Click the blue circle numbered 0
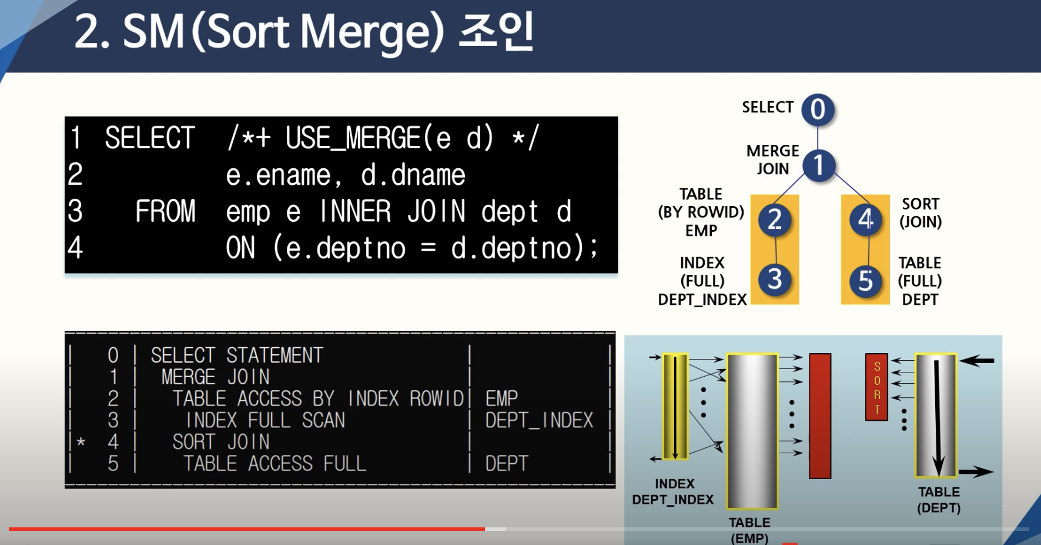(x=818, y=110)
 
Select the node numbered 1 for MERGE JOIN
(x=819, y=165)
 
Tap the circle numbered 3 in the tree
(x=775, y=280)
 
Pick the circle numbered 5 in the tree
(x=866, y=281)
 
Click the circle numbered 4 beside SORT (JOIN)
(x=866, y=220)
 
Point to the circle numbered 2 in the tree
(x=775, y=220)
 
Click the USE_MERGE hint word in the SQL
(x=353, y=138)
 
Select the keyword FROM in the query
(x=165, y=211)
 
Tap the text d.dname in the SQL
(x=413, y=175)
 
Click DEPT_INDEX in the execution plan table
(x=539, y=420)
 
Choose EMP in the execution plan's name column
(x=501, y=398)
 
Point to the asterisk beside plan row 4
(x=81, y=442)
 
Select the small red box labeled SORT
(x=876, y=387)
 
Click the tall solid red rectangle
(x=820, y=416)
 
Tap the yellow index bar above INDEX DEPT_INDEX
(x=675, y=406)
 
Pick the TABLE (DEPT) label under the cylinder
(x=939, y=500)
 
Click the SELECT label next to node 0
(x=768, y=107)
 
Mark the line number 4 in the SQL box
(x=75, y=248)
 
